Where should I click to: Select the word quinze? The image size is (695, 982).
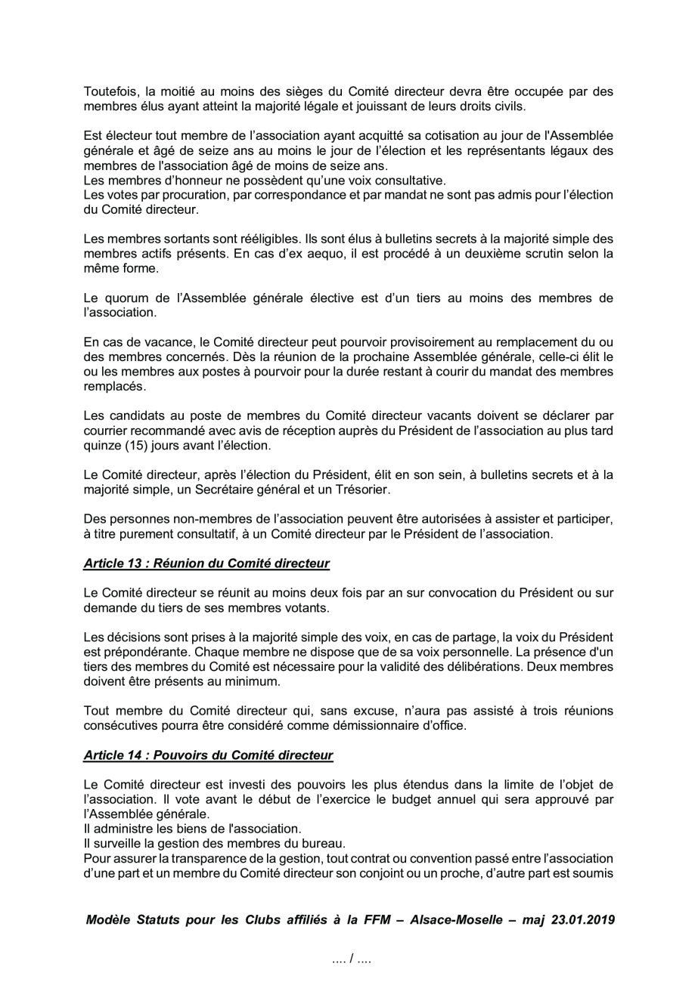pyautogui.click(x=101, y=446)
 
